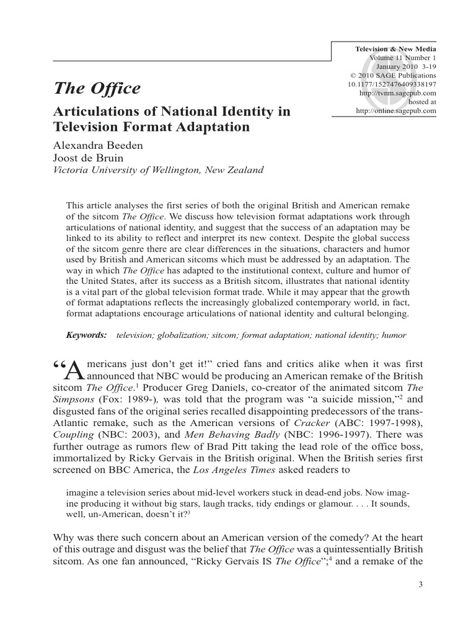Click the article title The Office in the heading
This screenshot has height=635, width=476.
point(97,89)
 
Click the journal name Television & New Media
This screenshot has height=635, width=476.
point(395,49)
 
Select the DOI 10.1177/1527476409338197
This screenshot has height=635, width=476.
point(393,84)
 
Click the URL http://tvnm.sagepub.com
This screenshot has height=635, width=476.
point(398,93)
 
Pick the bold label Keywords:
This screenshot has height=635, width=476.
point(87,335)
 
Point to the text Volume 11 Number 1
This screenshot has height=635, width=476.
point(403,58)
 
